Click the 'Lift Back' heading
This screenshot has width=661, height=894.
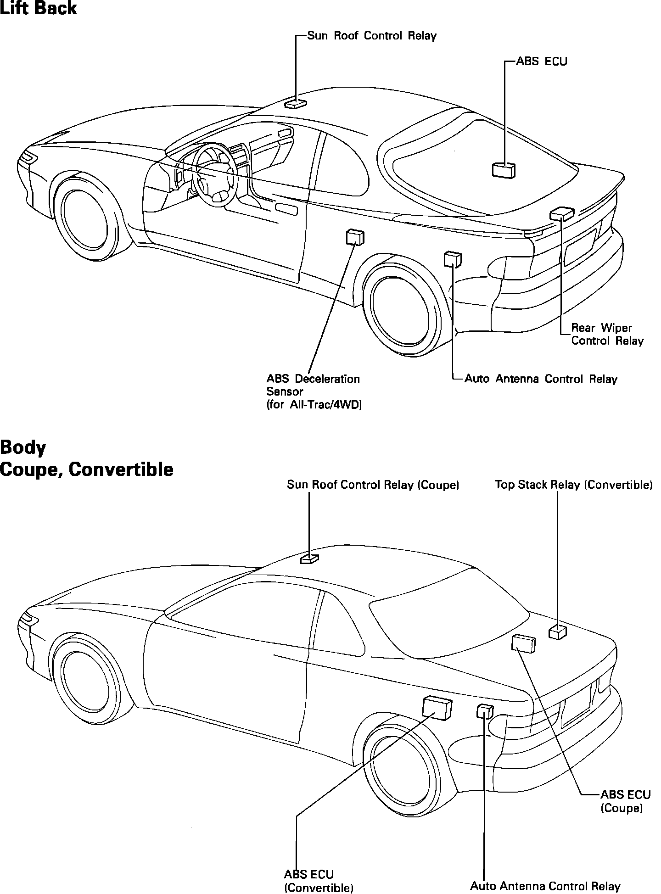pyautogui.click(x=39, y=9)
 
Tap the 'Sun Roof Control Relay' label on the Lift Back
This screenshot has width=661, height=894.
pyautogui.click(x=371, y=36)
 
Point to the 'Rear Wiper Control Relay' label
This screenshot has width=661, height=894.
pyautogui.click(x=607, y=334)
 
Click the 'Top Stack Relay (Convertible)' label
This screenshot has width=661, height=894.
pyautogui.click(x=573, y=485)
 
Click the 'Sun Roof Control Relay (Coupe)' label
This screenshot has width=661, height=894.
pyautogui.click(x=373, y=485)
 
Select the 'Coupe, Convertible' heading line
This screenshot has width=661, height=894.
pyautogui.click(x=87, y=469)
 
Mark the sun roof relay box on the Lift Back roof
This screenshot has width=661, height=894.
pyautogui.click(x=296, y=104)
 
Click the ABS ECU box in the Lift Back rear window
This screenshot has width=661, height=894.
pyautogui.click(x=503, y=170)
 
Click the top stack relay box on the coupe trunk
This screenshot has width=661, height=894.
pyautogui.click(x=558, y=632)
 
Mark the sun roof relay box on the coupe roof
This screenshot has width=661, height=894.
pyautogui.click(x=309, y=559)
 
